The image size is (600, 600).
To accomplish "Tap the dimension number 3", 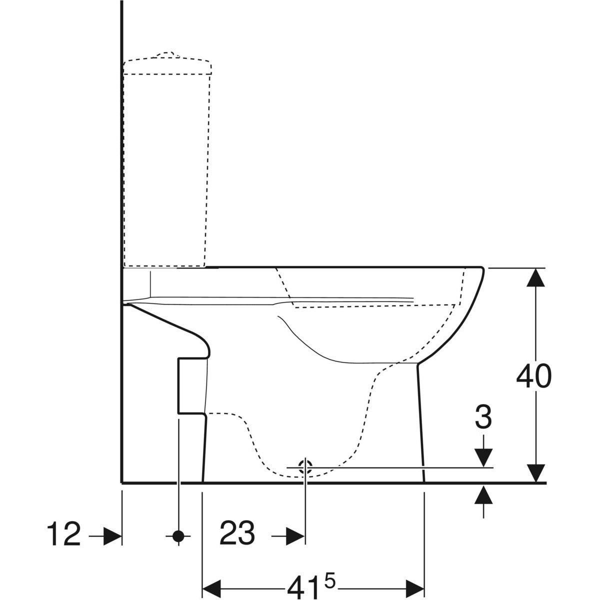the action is pyautogui.click(x=483, y=416).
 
